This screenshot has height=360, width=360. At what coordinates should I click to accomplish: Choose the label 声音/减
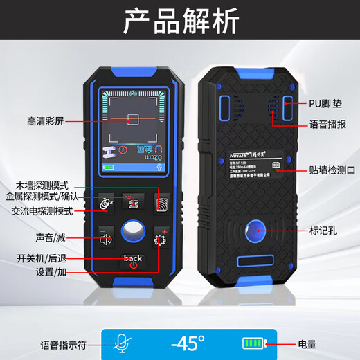pyautogui.click(x=52, y=237)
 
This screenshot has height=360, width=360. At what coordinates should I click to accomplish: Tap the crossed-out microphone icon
pyautogui.click(x=122, y=343)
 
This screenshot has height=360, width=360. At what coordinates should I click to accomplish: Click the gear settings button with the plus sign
pyautogui.click(x=161, y=240)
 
